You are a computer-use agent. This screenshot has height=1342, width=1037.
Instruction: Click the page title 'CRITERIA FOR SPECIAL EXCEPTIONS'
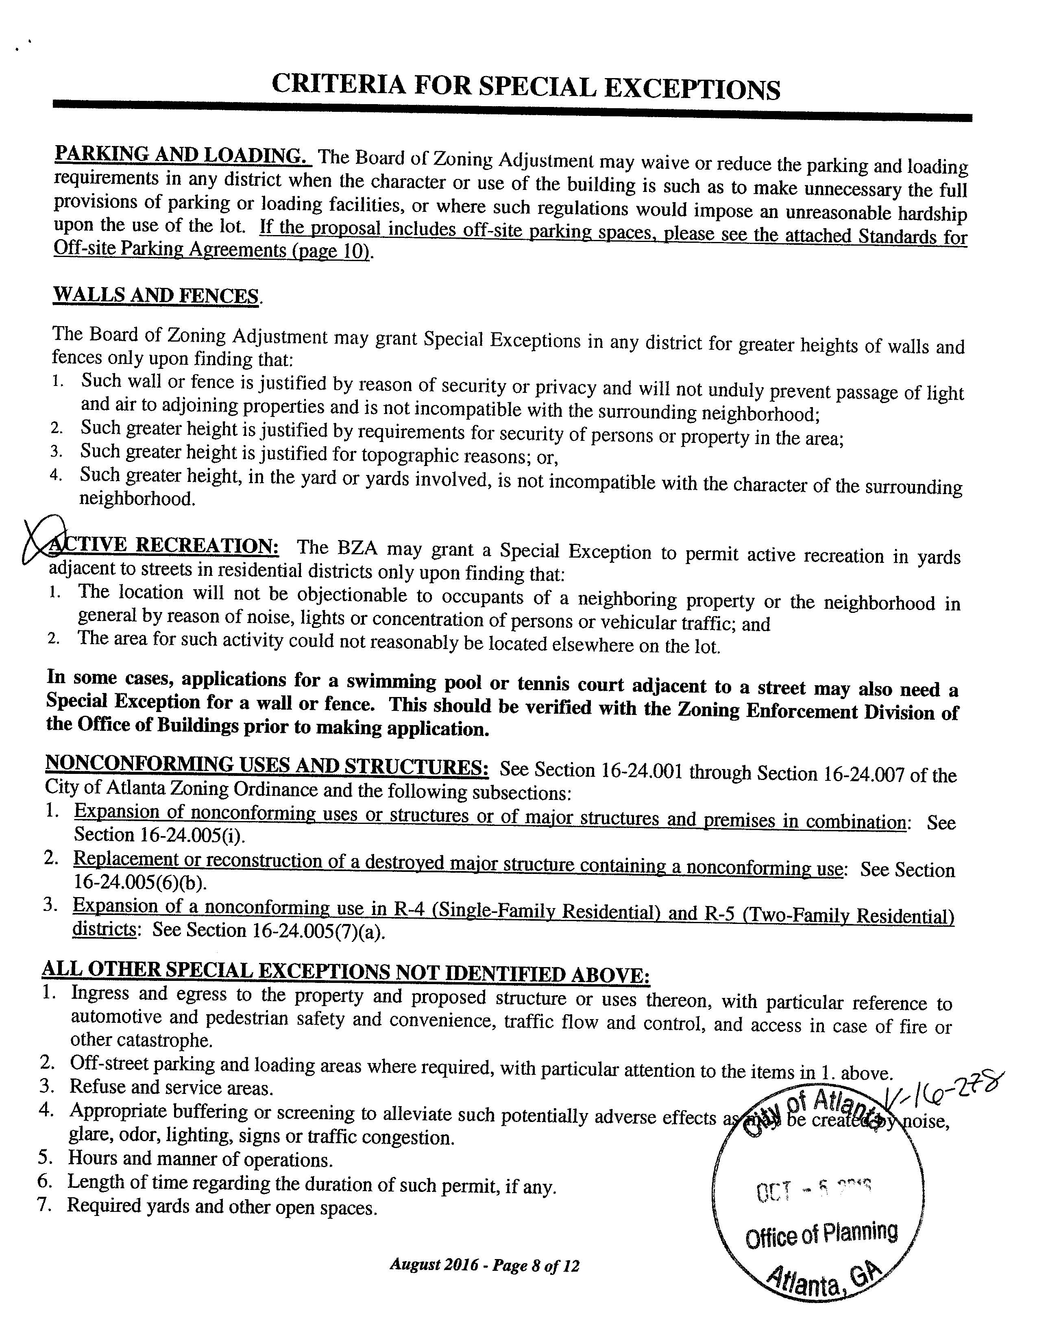[525, 87]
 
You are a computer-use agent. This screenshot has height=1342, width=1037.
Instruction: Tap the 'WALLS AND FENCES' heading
[156, 295]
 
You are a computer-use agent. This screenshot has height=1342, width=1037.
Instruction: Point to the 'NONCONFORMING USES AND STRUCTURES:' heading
[267, 766]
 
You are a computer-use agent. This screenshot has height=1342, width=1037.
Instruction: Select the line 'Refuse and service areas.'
[171, 1087]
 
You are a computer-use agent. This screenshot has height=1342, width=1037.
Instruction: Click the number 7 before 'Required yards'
[44, 1205]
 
